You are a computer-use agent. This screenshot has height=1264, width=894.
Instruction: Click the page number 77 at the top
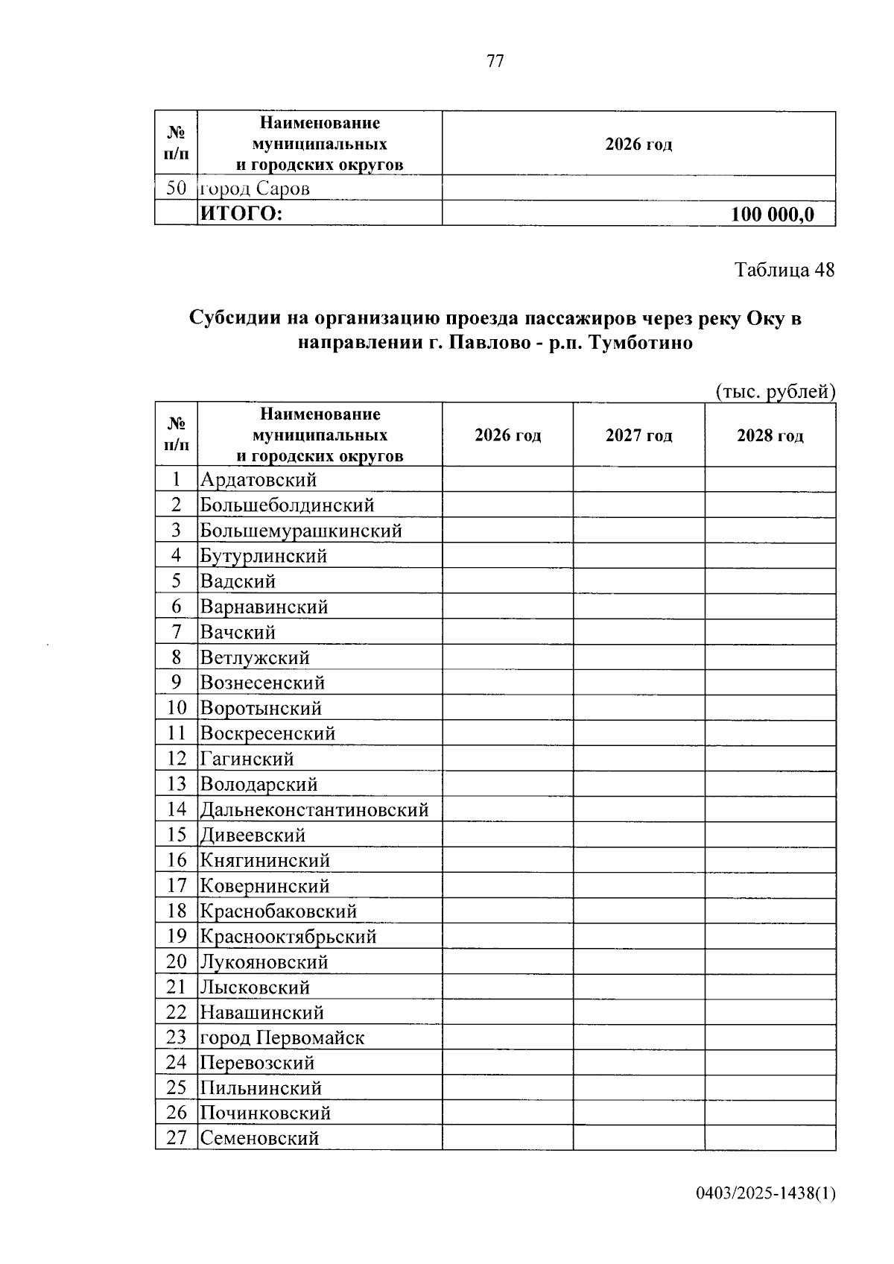[495, 62]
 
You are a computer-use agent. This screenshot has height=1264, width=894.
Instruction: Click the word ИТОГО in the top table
[241, 215]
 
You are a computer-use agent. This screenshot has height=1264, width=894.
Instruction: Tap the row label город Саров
[254, 189]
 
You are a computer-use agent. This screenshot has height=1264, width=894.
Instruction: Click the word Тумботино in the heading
[641, 343]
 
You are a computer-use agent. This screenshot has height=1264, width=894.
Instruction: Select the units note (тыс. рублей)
[775, 391]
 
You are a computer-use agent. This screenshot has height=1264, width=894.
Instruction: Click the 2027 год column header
[638, 435]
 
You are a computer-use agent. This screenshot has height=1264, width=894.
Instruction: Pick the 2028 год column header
[770, 435]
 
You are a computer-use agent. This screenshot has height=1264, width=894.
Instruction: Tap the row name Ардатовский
[258, 480]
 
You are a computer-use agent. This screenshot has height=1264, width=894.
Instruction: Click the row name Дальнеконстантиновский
[314, 809]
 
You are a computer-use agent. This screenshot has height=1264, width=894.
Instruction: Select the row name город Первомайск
[282, 1037]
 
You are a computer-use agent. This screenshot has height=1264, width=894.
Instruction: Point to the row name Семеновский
[259, 1138]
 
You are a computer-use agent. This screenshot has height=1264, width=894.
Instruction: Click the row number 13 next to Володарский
[177, 784]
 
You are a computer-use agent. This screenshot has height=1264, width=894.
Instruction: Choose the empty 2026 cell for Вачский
[507, 632]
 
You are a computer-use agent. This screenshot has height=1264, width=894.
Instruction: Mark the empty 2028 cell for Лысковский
[770, 987]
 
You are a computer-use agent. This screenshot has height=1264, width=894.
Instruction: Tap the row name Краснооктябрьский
[288, 936]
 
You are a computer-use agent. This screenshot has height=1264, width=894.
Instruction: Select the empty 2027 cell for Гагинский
[638, 759]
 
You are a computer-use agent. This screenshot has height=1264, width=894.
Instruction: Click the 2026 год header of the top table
[638, 144]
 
